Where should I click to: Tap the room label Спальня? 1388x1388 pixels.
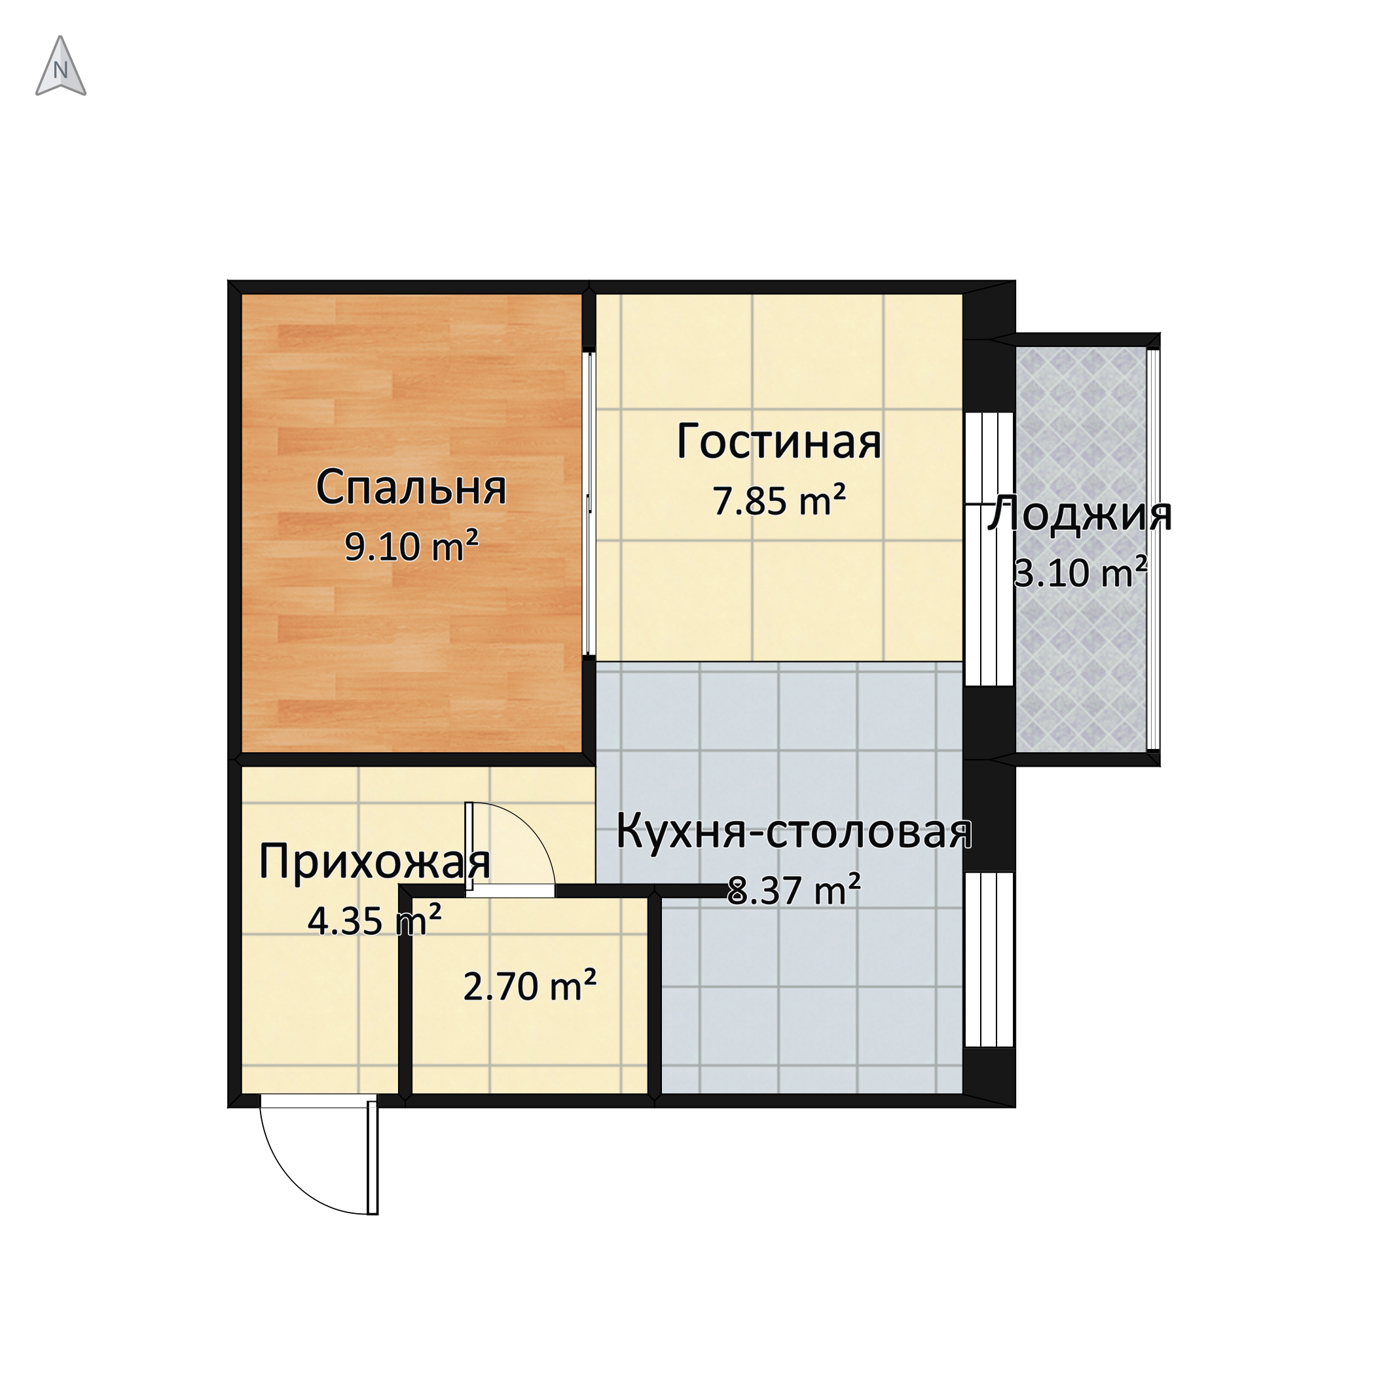click(x=411, y=488)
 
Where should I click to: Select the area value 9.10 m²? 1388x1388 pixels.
click(x=412, y=547)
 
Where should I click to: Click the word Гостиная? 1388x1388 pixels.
click(x=778, y=443)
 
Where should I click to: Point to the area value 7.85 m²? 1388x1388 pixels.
click(x=778, y=501)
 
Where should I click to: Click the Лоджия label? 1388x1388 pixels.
click(x=1080, y=515)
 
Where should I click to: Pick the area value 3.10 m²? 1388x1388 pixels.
click(x=1080, y=573)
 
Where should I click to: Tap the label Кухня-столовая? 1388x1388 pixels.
click(x=794, y=833)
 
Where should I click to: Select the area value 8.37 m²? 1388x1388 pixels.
click(x=794, y=890)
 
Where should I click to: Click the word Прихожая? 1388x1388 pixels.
click(x=374, y=862)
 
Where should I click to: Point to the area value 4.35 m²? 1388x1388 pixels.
click(x=374, y=921)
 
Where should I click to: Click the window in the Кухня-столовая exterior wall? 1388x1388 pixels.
click(x=989, y=959)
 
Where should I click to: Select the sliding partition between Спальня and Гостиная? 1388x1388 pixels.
click(x=589, y=503)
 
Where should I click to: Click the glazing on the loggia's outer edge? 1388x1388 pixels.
click(x=1153, y=549)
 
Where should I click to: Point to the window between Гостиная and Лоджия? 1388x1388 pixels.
click(x=989, y=549)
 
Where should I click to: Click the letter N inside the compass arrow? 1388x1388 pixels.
click(x=61, y=71)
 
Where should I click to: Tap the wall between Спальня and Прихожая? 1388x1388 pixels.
click(x=412, y=759)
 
